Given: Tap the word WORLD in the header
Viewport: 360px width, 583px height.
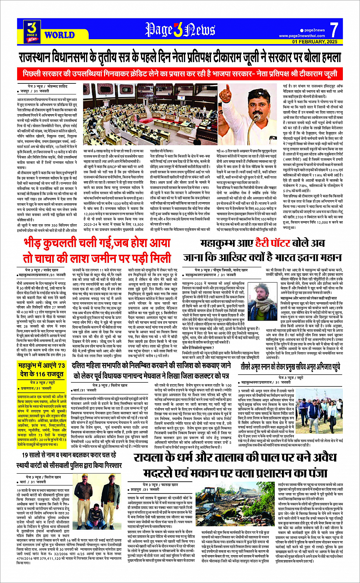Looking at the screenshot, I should point(59,35).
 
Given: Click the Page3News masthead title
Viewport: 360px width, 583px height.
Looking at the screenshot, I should point(180,30).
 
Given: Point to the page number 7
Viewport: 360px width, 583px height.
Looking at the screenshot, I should point(334,30).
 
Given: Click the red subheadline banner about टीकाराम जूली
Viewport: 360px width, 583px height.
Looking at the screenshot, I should point(180,73).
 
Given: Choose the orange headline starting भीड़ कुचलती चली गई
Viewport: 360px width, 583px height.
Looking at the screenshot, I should point(97,250).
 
